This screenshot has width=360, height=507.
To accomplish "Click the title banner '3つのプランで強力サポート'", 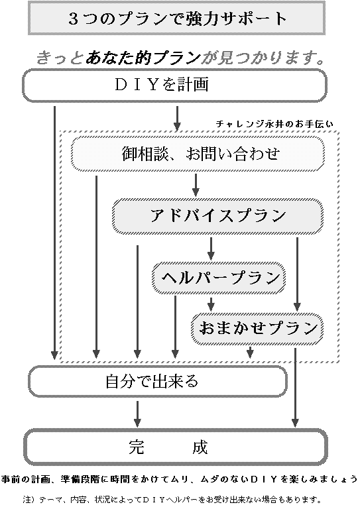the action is (x=176, y=18).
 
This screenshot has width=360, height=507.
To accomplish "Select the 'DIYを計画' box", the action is (x=174, y=85).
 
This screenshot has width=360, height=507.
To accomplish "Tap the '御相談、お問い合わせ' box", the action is (x=198, y=154).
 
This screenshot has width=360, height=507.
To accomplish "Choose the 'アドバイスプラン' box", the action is (x=217, y=215).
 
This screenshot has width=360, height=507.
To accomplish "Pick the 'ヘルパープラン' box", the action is (x=219, y=278).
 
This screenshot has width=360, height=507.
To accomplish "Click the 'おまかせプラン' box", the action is (x=257, y=328).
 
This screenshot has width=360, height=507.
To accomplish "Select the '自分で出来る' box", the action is (x=158, y=382).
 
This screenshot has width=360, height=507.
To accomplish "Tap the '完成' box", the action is (x=175, y=447).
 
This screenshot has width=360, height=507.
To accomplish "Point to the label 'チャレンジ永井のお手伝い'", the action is (x=274, y=124).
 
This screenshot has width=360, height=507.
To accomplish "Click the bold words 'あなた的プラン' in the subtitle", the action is (x=143, y=58).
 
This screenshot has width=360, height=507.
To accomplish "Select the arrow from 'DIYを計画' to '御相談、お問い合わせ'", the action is (x=177, y=119).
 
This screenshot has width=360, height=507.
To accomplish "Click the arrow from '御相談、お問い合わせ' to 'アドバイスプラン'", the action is (x=196, y=185).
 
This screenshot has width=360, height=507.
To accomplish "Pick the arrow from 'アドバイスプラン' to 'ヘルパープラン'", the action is (x=211, y=249).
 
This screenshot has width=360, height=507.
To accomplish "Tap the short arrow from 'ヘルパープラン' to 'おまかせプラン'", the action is (x=211, y=304).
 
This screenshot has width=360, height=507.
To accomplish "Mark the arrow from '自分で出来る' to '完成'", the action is (x=137, y=414).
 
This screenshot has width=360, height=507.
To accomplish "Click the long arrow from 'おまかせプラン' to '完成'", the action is (x=295, y=387).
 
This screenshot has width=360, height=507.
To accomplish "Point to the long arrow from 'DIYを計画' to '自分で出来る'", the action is (x=54, y=233).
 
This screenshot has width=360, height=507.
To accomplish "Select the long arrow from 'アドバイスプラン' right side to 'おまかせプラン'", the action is (x=297, y=274).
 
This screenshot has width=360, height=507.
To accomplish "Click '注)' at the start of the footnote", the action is (x=29, y=499).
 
